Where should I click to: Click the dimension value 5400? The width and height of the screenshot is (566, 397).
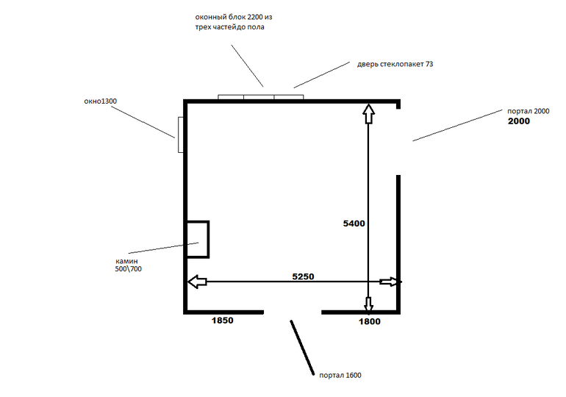pos(354,223)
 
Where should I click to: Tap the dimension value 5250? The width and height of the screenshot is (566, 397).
pos(303,276)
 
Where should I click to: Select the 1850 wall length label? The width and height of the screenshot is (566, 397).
pos(222,321)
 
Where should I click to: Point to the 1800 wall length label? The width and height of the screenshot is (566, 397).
pos(369,321)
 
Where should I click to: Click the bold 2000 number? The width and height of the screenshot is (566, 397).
pos(519,121)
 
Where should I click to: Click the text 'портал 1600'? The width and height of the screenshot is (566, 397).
pos(340,376)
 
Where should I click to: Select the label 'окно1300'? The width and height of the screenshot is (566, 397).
pos(101,101)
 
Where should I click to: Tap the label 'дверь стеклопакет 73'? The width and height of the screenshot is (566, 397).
pos(395,64)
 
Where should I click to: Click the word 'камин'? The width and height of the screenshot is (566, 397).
pos(126,261)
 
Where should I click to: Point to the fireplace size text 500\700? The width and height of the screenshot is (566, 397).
pos(128,269)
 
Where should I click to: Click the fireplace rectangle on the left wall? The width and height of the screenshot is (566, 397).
pos(209,239)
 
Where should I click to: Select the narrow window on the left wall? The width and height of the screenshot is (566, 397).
pos(181,135)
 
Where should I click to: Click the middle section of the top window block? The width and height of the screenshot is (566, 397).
pos(259,97)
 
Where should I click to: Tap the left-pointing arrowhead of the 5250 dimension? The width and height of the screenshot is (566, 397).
pos(197,282)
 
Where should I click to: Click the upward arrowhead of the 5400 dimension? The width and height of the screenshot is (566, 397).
pos(368,114)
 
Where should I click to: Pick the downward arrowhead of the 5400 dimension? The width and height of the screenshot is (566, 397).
pos(368,304)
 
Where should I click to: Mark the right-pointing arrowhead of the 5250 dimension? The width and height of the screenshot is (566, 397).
pos(390,282)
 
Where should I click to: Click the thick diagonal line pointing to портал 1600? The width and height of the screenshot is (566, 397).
pos(302,348)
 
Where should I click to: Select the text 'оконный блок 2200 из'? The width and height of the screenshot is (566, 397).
pos(234,18)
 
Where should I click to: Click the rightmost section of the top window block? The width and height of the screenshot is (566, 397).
pos(289,97)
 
